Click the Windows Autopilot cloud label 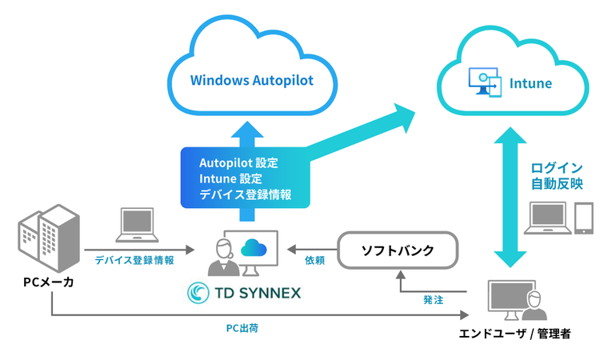tap(251, 80)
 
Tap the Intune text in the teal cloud tap(530, 83)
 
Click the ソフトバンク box tap(398, 250)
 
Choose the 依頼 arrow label tap(314, 260)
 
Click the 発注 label tap(433, 300)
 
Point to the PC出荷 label tap(242, 328)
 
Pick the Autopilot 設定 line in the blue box tap(238, 162)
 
